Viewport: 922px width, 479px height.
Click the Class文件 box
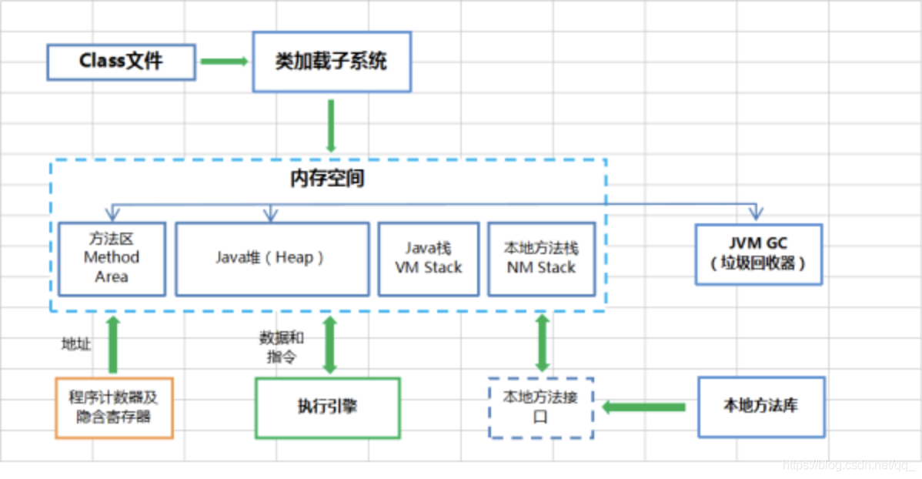pos(121,62)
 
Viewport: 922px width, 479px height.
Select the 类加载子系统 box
pos(332,62)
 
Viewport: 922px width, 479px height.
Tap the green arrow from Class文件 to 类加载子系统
pos(224,61)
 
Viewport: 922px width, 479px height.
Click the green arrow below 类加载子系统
pos(331,126)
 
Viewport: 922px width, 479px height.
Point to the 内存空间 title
pos(328,179)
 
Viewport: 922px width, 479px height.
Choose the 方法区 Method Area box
pos(112,259)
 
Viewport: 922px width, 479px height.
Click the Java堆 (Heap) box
pos(272,259)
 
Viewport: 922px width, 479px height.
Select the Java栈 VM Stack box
pos(429,259)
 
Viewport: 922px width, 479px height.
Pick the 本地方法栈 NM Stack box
pos(542,259)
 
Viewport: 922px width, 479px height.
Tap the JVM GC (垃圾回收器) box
pos(759,254)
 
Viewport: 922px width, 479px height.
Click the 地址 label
pos(76,343)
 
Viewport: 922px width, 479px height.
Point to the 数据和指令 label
pos(282,347)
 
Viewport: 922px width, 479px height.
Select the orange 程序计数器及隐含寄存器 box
pos(114,408)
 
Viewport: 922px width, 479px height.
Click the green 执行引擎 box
pos(328,408)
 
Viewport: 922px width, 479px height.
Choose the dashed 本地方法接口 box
pos(541,408)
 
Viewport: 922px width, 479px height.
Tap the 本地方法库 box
pos(761,407)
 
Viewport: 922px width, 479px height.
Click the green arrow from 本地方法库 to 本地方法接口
pos(644,407)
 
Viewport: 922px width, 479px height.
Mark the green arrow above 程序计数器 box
pos(113,345)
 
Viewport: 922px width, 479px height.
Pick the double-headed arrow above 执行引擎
pos(330,345)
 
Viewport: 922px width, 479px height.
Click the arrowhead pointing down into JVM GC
pos(757,213)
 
